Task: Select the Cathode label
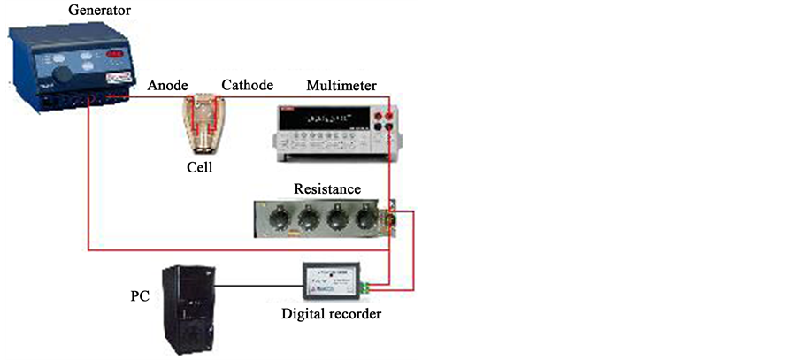[x=247, y=85]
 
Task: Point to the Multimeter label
[x=341, y=85]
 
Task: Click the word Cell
[x=200, y=167]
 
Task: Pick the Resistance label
[x=327, y=188]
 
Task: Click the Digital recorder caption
[x=331, y=313]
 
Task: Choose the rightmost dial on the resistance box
[x=364, y=217]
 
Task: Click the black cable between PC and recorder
[x=257, y=286]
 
